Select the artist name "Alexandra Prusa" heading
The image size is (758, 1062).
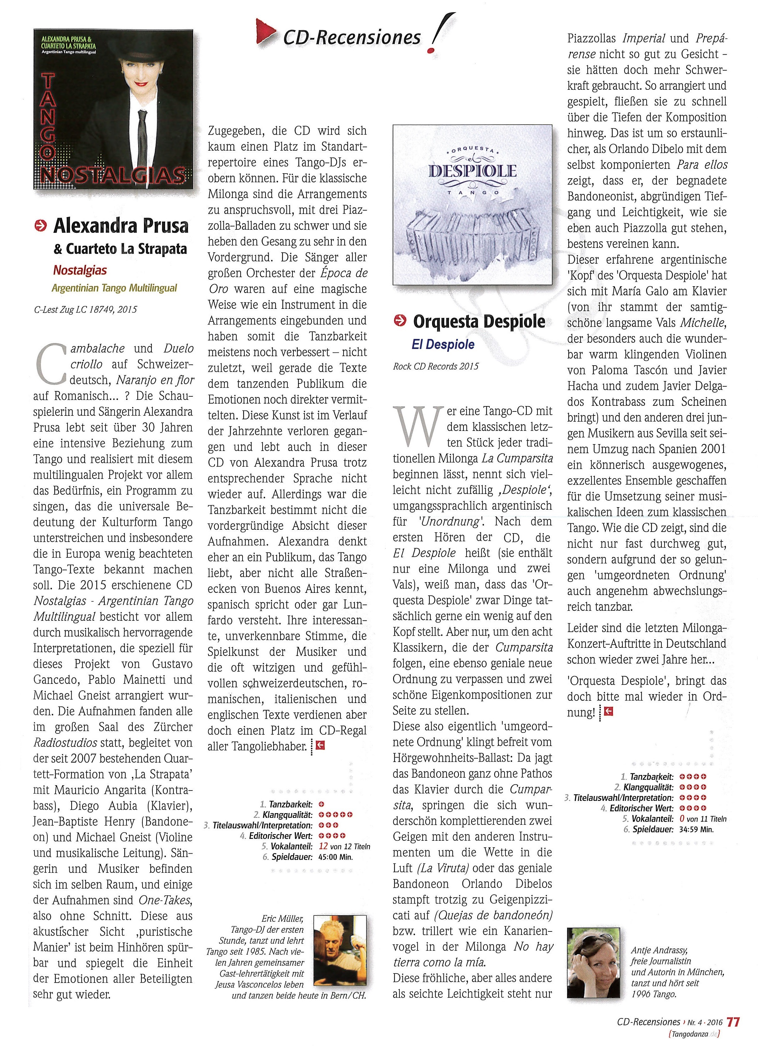coord(121,226)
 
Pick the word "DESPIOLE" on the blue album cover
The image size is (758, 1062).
coord(472,171)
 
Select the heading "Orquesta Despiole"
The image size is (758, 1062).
coord(479,322)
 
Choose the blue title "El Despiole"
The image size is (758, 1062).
coord(443,345)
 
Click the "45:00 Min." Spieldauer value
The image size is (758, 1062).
coord(336,857)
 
